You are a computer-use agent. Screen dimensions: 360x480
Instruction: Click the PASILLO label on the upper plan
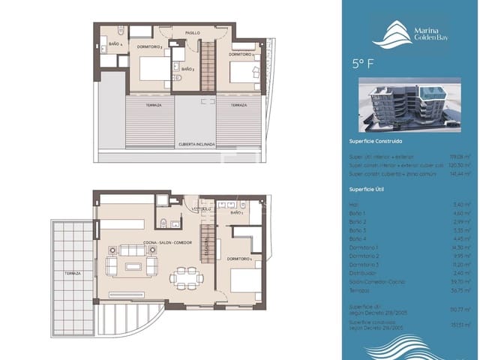[x=193, y=34]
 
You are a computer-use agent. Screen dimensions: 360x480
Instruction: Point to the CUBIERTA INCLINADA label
[x=196, y=143]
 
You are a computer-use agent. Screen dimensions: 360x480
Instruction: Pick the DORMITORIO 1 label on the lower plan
[x=242, y=259]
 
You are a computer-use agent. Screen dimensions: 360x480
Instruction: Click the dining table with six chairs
[x=184, y=277]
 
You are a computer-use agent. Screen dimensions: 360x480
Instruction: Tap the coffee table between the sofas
[x=133, y=266]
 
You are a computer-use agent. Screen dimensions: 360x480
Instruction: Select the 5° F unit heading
[x=362, y=63]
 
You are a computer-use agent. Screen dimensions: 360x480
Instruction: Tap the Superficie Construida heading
[x=376, y=141]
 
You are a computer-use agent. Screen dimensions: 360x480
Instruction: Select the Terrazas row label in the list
[x=360, y=289]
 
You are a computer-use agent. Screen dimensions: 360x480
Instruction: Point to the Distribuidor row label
[x=363, y=272]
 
